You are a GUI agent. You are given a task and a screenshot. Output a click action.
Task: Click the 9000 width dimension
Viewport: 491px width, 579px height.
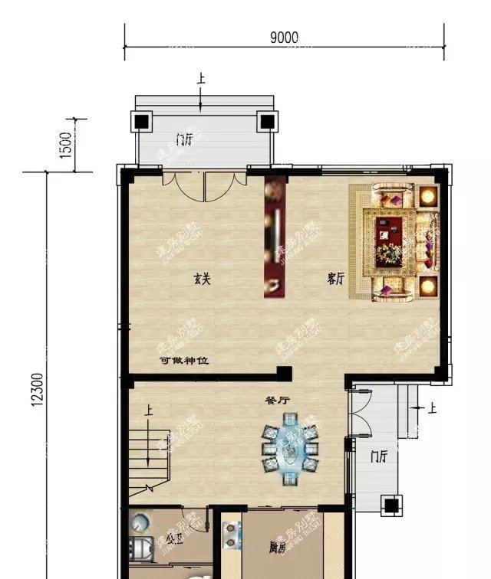tap(284, 38)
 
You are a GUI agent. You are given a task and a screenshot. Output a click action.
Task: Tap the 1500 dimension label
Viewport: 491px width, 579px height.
tap(65, 144)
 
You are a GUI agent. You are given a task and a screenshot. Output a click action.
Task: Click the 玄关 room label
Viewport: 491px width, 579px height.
tap(202, 280)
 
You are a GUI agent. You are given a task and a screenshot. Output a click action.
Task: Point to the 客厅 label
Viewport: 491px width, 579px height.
tap(334, 280)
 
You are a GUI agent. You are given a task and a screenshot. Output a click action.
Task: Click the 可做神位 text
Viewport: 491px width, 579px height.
tap(183, 361)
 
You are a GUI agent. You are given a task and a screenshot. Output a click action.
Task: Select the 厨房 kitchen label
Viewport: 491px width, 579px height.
tap(278, 548)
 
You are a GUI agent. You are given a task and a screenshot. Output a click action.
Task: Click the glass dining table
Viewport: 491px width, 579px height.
tap(290, 450)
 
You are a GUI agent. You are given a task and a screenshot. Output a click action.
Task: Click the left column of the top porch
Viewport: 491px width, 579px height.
tap(143, 121)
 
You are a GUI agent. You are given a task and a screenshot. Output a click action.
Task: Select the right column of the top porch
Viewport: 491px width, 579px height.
tap(266, 121)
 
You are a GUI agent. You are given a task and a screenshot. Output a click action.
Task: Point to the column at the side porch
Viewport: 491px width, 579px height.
tap(390, 506)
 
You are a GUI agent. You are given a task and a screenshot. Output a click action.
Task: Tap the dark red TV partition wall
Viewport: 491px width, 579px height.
tap(275, 237)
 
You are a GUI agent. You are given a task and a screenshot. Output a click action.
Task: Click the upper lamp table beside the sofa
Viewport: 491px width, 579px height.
tap(427, 195)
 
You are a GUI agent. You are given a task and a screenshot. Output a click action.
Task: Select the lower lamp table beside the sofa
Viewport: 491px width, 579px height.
tap(427, 287)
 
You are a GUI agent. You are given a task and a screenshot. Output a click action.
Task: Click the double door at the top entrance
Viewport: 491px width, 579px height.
tap(204, 184)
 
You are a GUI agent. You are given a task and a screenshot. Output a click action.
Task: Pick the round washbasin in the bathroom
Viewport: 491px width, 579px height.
tap(140, 524)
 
